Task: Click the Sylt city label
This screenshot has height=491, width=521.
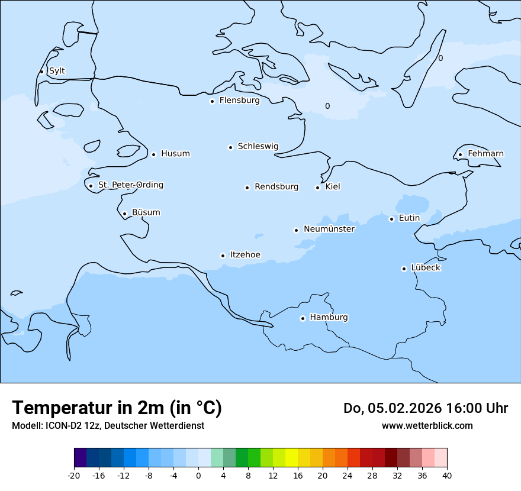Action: pos(57,71)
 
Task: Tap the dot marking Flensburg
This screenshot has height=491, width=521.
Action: pos(212,101)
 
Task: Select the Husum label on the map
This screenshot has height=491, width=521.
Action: pos(175,154)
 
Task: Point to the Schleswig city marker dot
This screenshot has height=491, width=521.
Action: pos(230,147)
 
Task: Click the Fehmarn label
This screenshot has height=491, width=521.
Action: pos(485,154)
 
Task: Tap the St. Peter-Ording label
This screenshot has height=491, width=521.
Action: pos(130,185)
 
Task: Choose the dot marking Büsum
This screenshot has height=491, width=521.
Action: pos(124,214)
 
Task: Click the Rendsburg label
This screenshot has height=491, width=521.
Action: pos(276,187)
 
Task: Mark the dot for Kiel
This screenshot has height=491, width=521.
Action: pos(317,188)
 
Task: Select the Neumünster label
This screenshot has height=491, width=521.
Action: pos(329,229)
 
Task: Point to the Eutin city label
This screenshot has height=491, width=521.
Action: pos(409,218)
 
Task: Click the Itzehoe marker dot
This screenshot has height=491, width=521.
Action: pos(223,256)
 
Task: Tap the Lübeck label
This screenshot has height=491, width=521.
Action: pos(426,268)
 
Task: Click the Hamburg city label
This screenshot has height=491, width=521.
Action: pos(329,318)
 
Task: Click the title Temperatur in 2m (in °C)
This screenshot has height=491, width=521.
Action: pos(117,408)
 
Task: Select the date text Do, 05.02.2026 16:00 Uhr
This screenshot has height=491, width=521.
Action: pos(425,408)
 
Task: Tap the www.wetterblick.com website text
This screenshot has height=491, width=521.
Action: pos(427,426)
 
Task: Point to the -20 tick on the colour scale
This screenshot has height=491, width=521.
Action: pos(74,476)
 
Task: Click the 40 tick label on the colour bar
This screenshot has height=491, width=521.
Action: pos(447,476)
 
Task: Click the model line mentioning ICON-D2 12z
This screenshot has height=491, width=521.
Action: pos(108,426)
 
